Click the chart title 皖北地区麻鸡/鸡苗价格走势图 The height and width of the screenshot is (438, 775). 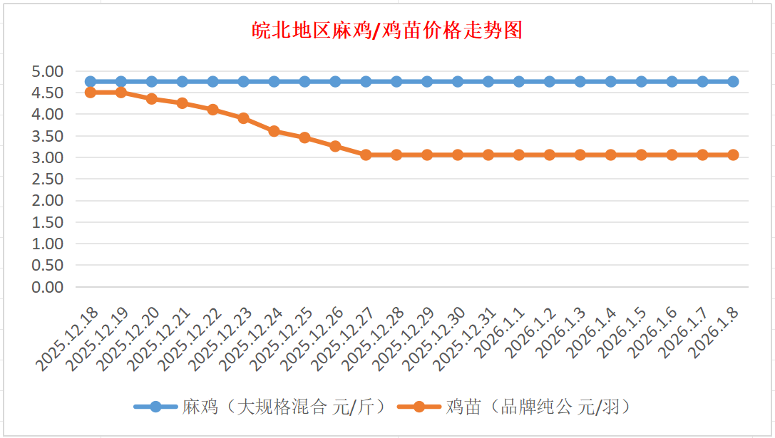387,31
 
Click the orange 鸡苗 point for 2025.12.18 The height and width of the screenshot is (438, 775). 91,93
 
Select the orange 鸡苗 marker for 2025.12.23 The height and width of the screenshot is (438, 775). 244,118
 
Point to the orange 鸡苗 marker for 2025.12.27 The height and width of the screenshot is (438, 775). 366,155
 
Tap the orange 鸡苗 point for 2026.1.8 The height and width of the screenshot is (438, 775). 733,155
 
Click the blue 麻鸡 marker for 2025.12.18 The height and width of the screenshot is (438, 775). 91,81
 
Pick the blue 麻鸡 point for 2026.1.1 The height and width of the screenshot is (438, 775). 519,81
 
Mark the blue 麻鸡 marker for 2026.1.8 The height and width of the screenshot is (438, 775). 733,81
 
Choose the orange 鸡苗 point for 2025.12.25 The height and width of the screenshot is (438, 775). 304,137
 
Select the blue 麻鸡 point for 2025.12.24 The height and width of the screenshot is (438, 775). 274,81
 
